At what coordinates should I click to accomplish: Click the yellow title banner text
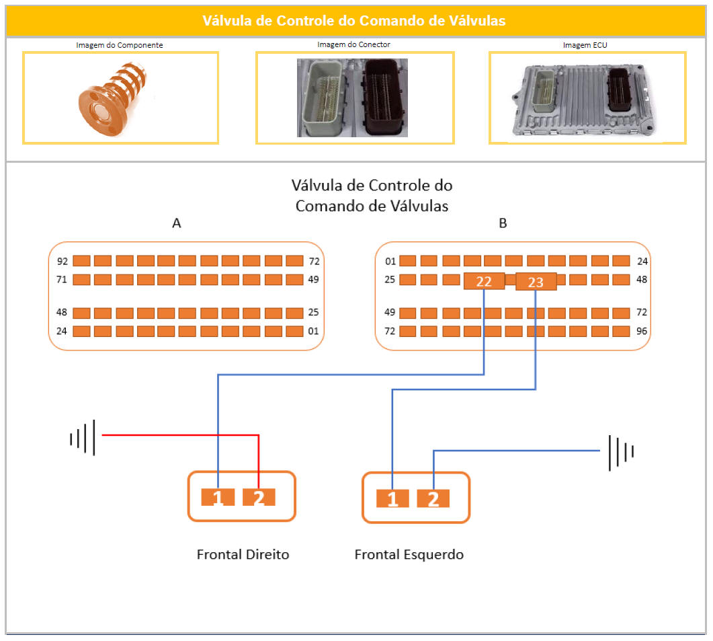pos(354,21)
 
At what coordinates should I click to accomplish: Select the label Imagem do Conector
pos(353,44)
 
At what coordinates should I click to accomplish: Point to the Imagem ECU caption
pos(587,45)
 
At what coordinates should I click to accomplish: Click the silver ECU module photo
pos(587,99)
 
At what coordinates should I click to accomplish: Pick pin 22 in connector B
pos(484,281)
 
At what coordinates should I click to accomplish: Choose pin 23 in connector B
pos(536,282)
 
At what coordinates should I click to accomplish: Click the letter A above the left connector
pos(177,224)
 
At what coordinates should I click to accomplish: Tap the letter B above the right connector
pos(503,224)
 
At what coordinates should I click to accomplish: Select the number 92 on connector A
pos(62,261)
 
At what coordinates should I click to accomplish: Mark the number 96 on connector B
pos(642,331)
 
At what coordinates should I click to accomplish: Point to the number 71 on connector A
pos(62,279)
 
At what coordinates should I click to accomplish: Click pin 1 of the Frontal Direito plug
pos(218,497)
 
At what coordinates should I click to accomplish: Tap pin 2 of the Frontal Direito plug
pos(259,497)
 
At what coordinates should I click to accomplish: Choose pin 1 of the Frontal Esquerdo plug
pos(392,499)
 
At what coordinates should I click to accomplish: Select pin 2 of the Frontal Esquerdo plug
pos(433,499)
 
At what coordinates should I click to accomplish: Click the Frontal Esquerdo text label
pos(409,555)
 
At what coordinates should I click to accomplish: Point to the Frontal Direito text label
pos(243,555)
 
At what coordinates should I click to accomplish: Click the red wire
pos(181,435)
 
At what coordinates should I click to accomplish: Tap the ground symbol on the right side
pos(620,452)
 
